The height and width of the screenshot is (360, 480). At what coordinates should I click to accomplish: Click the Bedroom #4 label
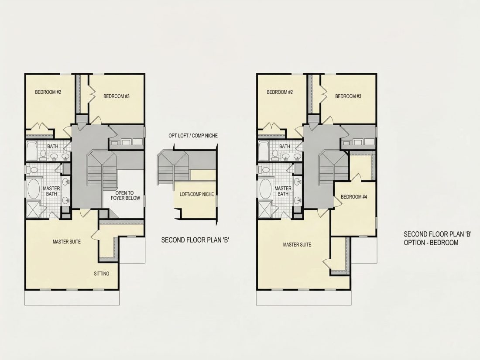(x=353, y=197)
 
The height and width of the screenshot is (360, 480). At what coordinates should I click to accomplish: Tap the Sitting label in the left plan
(x=101, y=274)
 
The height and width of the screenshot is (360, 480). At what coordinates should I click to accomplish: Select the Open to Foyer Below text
(x=125, y=195)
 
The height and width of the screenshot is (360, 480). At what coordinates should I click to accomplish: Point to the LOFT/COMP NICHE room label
(x=196, y=194)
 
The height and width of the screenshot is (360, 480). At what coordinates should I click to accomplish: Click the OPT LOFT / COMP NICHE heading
(x=193, y=136)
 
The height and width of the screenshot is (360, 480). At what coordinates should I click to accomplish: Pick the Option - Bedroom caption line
(x=431, y=243)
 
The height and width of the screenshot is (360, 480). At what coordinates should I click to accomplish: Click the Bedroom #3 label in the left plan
(x=117, y=96)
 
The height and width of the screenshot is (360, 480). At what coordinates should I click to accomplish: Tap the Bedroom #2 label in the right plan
(x=280, y=92)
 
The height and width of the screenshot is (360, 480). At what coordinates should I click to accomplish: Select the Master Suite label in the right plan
(x=297, y=245)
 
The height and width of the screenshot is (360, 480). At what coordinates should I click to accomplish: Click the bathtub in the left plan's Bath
(x=31, y=151)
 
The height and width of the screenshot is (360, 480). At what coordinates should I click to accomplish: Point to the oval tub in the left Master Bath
(x=34, y=189)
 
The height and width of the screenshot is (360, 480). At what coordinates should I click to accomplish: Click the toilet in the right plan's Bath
(x=275, y=155)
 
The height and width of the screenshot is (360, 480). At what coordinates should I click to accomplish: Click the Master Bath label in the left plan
(x=51, y=191)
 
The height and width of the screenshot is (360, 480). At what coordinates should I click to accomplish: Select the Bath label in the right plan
(x=285, y=146)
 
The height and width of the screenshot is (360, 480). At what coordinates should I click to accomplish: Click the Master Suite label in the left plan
(x=67, y=242)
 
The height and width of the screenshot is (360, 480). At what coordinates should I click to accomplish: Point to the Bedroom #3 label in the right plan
(x=348, y=96)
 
